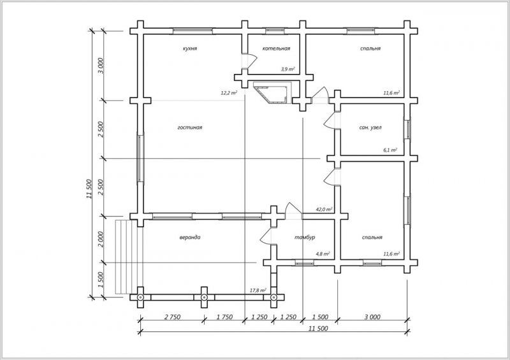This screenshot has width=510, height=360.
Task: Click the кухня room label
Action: [189, 48]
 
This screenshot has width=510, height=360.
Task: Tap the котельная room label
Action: [276, 48]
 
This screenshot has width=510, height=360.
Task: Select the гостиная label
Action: [189, 127]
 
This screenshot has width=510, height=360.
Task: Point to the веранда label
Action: [190, 237]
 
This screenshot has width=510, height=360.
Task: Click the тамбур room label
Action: [305, 237]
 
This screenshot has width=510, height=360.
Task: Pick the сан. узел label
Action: [370, 127]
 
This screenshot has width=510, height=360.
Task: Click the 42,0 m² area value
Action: [324, 209]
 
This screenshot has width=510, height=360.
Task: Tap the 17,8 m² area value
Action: [258, 290]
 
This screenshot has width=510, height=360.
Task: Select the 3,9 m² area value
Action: [288, 69]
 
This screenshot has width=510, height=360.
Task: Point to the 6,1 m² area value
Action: [390, 150]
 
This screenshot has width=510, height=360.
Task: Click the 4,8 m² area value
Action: [323, 254]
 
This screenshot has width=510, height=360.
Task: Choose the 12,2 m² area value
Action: [229, 92]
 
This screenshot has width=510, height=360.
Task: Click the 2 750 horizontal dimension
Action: [172, 317]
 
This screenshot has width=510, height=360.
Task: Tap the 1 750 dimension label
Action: [224, 317]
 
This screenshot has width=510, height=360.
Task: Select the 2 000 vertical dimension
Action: [101, 240]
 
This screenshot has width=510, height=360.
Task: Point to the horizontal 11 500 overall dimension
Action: [317, 328]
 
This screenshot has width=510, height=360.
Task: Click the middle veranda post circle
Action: [204, 297]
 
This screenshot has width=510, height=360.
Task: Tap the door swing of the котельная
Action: [252, 61]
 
